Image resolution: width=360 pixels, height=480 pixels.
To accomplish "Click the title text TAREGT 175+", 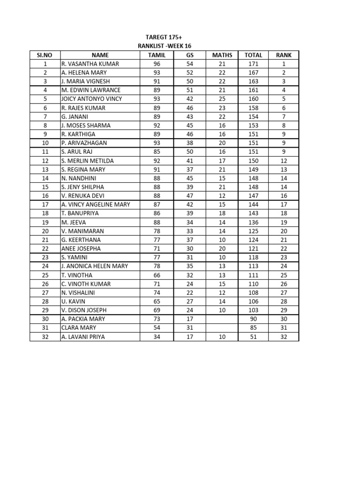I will pos(163,37).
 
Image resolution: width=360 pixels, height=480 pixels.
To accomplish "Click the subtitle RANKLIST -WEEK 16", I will pos(163,45).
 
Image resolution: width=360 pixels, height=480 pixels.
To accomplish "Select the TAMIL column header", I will pos(157,55).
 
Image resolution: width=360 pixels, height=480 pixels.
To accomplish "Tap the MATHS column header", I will pos(222,55).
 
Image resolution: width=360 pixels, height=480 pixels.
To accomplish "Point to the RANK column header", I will pos(284,55).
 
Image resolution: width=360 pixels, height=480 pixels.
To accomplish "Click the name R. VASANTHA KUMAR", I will pos(90,64).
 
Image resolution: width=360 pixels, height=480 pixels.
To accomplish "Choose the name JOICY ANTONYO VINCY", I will pos(91,99).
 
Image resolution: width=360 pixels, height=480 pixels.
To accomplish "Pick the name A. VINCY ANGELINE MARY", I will pos(96,204).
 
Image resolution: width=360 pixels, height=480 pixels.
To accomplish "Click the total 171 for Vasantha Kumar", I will pos(254,64).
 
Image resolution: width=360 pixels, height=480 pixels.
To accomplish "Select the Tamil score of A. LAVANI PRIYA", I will pos(157,337).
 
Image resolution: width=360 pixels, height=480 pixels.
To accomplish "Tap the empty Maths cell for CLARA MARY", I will pos(222,328).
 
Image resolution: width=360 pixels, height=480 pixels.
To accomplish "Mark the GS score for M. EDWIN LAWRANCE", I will pos(190,90).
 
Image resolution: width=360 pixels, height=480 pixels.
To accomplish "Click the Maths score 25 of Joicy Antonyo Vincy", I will pos(222,99).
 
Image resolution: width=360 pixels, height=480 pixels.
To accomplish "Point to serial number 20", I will pos(45,231).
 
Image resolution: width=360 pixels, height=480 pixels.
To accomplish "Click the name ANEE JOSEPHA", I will pos(81,248).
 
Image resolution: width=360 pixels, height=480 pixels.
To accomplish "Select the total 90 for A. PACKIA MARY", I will pos(254,319).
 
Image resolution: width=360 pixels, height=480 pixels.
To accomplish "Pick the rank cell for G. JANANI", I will pos(284,116).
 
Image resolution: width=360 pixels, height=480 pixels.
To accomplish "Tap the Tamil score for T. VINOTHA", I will pos(157,275).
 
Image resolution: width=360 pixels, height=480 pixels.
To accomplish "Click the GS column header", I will pos(190,55).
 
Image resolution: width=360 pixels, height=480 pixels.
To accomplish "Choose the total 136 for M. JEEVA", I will pos(254,222).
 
